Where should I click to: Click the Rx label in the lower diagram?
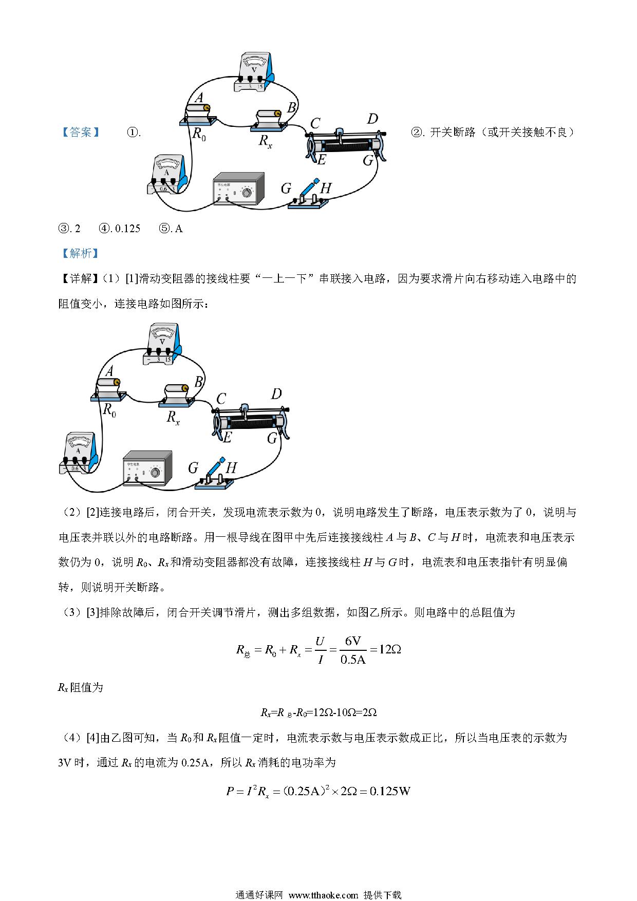[173, 417]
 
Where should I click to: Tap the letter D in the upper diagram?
[372, 119]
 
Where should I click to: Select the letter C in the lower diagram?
[221, 399]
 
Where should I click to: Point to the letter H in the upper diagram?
[326, 188]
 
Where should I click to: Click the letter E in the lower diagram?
[227, 437]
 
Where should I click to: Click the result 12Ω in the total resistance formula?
[389, 649]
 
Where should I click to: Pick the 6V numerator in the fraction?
[353, 641]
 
